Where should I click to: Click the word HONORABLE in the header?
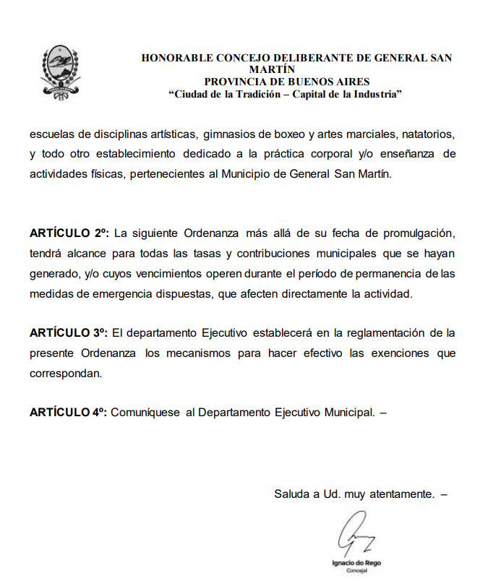tap(174, 58)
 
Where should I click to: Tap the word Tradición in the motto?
tap(257, 94)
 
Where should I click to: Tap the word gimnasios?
tap(228, 135)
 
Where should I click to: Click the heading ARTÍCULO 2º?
tap(69, 234)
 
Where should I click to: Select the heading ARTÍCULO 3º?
tap(69, 332)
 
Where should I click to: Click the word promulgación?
tap(419, 234)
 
